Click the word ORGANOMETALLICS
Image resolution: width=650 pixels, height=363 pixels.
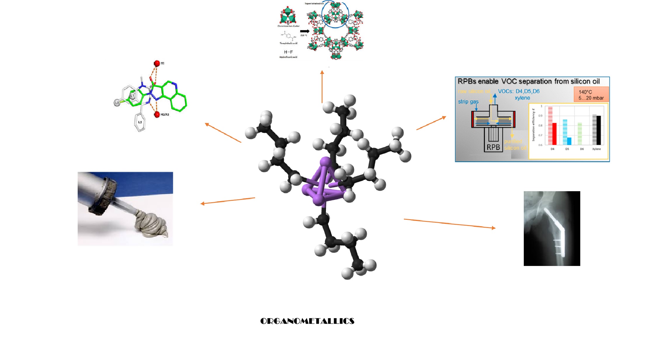(x=307, y=321)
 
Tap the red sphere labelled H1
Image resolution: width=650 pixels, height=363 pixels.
(x=157, y=63)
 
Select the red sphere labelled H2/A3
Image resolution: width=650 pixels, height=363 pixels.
(x=157, y=114)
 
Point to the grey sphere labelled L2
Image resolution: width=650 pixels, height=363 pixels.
(x=117, y=103)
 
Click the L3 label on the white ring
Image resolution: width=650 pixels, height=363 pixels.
(x=140, y=122)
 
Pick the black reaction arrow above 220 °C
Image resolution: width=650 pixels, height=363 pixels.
(x=304, y=31)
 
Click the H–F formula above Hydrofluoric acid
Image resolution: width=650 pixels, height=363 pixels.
(x=288, y=52)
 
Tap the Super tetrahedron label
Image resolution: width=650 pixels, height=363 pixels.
(x=314, y=4)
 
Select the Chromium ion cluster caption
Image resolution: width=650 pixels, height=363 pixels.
(x=288, y=26)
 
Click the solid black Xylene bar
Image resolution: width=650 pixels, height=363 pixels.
(x=599, y=130)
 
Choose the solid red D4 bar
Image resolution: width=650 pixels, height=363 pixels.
(x=554, y=134)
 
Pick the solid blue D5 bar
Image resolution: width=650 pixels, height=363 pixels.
(x=569, y=141)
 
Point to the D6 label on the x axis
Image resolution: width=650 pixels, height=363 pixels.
(x=582, y=149)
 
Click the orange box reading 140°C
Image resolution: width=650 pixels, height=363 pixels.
(x=591, y=94)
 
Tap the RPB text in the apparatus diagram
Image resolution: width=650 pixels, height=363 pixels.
(x=493, y=147)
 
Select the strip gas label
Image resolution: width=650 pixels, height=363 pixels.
(x=468, y=102)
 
